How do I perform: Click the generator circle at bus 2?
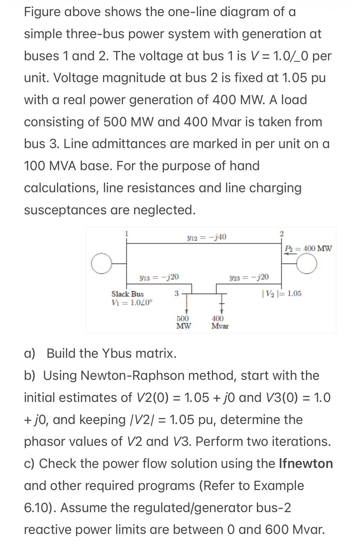coord(307,264)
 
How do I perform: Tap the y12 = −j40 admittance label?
coord(206,237)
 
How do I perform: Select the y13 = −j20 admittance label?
coord(159,277)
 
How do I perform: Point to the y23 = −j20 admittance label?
coord(249,277)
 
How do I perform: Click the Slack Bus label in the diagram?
coord(128,294)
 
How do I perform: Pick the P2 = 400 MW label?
coord(308,248)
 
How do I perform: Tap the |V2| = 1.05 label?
coord(281,294)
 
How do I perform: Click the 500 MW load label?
coord(183,322)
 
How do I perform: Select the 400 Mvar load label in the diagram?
coord(220,322)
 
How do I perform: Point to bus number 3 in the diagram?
coord(177,293)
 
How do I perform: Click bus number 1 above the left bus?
coord(127,234)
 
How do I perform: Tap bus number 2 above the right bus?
coord(281,234)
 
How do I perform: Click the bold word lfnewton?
coord(306,464)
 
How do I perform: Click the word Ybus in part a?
coord(116,353)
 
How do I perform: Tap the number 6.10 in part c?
coord(38,508)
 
